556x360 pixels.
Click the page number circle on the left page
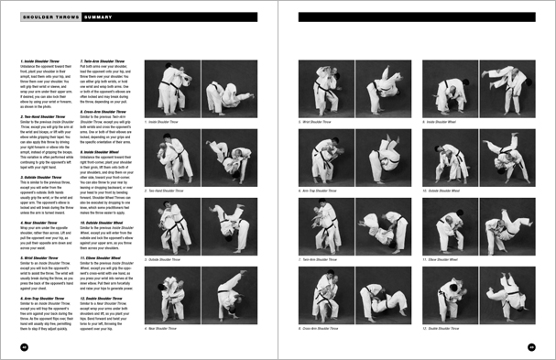pyautogui.click(x=24, y=346)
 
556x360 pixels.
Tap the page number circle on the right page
pyautogui.click(x=531, y=346)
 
